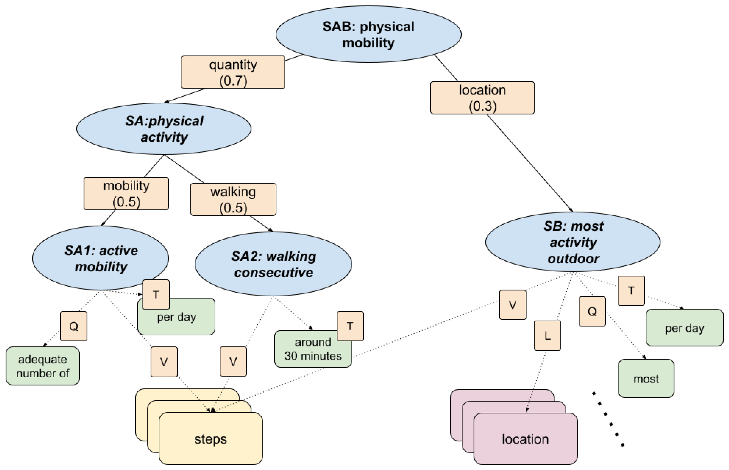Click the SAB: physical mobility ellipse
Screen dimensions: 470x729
tap(368, 34)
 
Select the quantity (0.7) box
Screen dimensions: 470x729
tap(233, 72)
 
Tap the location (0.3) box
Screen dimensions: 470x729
tap(482, 98)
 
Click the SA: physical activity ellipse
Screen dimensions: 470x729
tap(164, 129)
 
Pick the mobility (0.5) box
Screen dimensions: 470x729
tap(126, 193)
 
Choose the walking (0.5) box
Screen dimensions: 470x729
tap(233, 200)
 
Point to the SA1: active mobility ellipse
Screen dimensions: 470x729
tap(101, 258)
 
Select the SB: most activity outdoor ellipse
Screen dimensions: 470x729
tap(573, 242)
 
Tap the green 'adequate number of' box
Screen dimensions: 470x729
tap(43, 366)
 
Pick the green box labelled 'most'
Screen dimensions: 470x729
tap(646, 379)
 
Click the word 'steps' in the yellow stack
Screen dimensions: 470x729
tap(211, 439)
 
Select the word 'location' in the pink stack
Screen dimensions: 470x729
tap(525, 439)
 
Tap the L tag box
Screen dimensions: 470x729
tap(547, 335)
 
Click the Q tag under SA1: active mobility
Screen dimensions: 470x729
tap(74, 326)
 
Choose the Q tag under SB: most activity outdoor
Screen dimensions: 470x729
tap(592, 311)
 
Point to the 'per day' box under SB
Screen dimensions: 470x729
tap(684, 328)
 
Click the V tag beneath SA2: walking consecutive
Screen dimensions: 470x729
tap(233, 361)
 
